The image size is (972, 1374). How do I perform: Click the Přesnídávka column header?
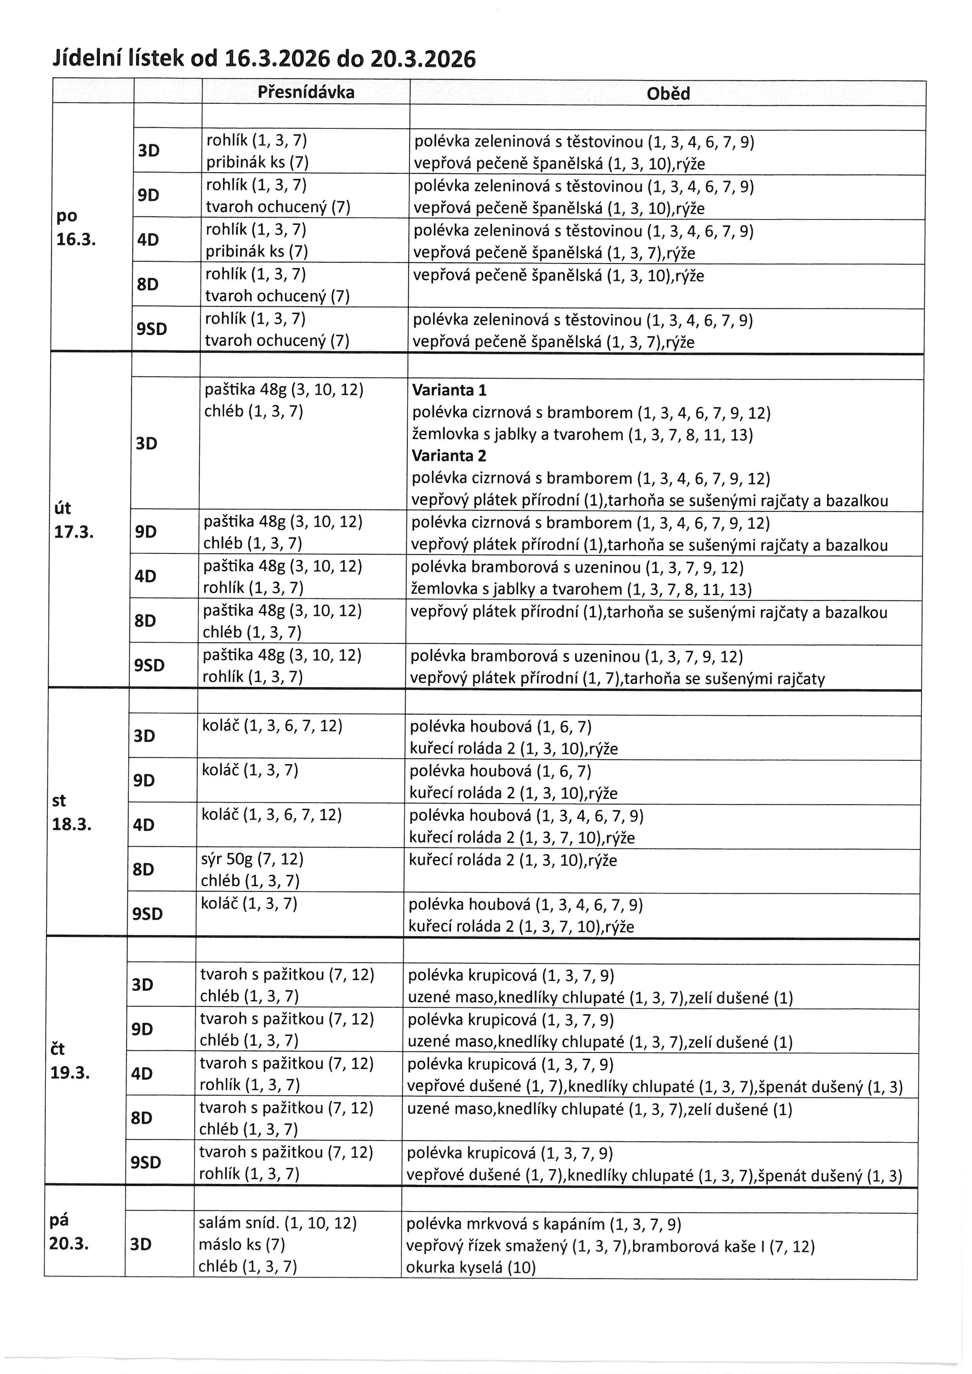[x=306, y=92]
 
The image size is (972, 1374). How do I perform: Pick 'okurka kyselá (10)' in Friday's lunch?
[x=470, y=1267]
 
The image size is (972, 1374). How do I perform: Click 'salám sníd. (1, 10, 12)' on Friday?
[x=277, y=1223]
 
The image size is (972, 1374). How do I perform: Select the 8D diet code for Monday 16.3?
[x=148, y=284]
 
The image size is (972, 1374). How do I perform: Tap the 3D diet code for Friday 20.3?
[x=141, y=1244]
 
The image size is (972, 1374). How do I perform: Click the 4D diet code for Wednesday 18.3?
[x=144, y=825]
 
